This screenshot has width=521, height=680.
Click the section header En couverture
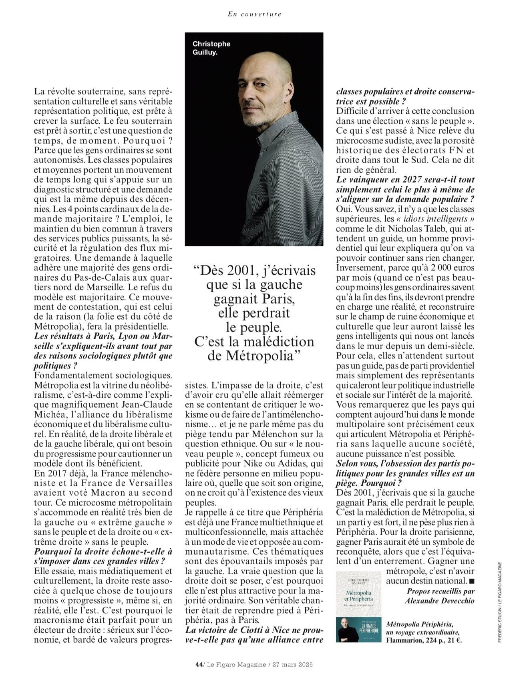click(254, 14)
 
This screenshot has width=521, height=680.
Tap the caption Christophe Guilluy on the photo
click(211, 48)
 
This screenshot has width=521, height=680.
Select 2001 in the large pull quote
click(230, 271)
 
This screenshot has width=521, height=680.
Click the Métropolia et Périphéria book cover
click(358, 592)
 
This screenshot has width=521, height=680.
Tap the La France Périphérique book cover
click(358, 630)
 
